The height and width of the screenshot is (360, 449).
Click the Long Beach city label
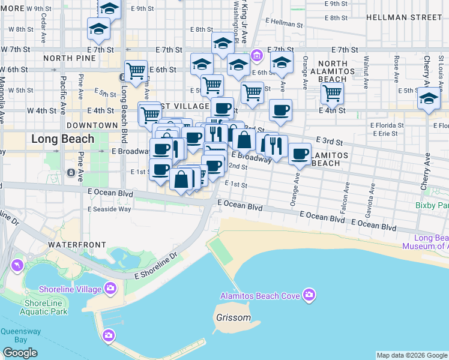63,139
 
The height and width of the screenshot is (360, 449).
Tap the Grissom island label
234,317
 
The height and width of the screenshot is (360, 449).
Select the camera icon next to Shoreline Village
110,289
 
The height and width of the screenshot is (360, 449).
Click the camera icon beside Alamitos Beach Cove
309,295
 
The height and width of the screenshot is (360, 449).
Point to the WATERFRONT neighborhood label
77,245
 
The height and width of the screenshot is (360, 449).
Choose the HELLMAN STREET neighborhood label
412,17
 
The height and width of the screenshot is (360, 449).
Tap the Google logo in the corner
20,353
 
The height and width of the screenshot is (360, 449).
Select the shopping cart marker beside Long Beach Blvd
136,71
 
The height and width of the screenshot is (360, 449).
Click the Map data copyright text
412,355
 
